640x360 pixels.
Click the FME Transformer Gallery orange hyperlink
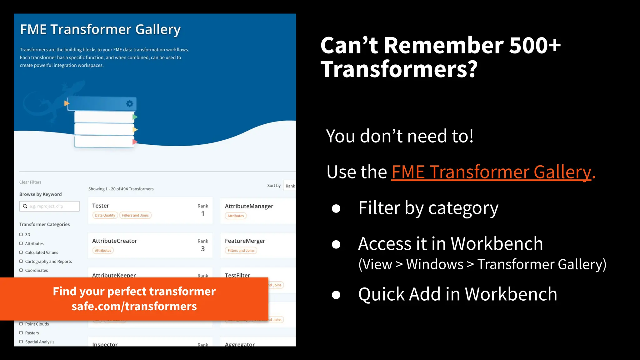coord(491,172)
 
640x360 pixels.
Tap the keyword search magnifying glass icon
coord(25,206)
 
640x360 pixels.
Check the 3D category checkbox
coord(21,234)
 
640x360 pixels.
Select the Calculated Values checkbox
coord(21,252)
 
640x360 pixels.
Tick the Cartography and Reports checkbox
coord(21,261)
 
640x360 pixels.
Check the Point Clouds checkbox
coord(21,324)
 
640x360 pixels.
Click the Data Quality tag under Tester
coord(105,215)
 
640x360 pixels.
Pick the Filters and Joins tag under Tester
coord(135,215)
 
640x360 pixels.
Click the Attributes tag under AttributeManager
coord(236,216)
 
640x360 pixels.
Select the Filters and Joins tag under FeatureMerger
coord(241,250)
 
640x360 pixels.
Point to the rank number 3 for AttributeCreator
coord(203,249)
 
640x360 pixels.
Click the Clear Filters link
coord(30,182)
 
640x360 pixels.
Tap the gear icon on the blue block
coord(129,103)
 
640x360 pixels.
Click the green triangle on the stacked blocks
coord(135,117)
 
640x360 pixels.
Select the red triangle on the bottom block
coord(135,142)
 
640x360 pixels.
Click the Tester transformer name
coord(101,206)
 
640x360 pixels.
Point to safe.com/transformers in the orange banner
coord(134,306)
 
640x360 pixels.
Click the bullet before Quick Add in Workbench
coord(336,295)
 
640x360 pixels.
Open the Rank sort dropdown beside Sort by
coord(290,186)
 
